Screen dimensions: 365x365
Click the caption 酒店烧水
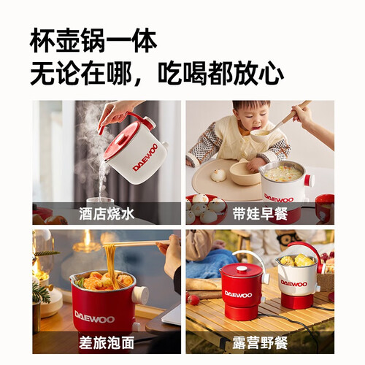[107, 214]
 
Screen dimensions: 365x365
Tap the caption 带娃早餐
[260, 214]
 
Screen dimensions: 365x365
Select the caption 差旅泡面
[107, 343]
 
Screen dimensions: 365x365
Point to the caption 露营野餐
[260, 343]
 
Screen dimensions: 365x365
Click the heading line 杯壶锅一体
[93, 41]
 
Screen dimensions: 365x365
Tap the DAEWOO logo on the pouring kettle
[145, 158]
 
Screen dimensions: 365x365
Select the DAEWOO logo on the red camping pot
[239, 295]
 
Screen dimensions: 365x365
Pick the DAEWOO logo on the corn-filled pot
[294, 283]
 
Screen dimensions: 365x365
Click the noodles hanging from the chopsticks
[112, 261]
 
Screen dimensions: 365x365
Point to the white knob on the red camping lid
[241, 269]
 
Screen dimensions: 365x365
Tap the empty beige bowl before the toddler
[245, 173]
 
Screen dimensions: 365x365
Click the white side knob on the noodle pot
[142, 296]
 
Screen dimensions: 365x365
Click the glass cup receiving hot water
[100, 200]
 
